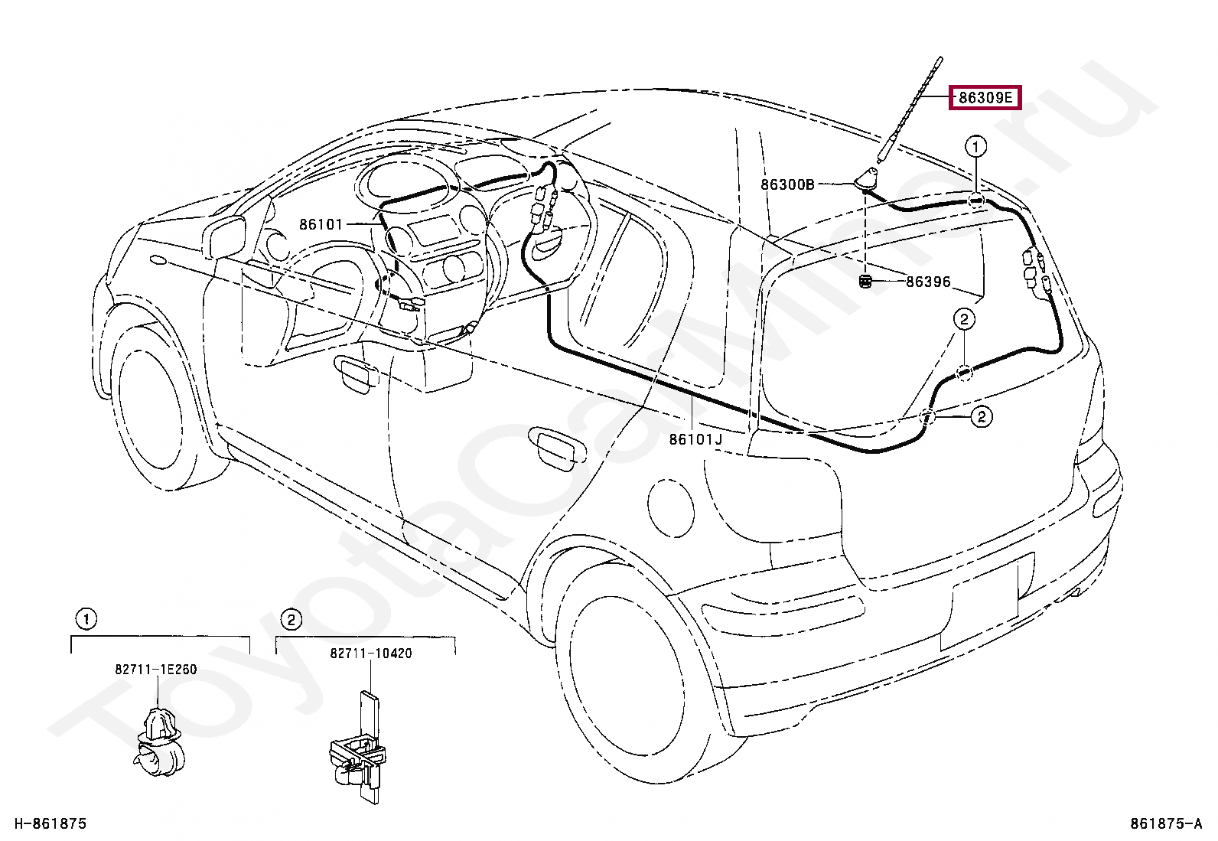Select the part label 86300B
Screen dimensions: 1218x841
tap(787, 184)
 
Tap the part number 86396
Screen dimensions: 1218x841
tap(928, 282)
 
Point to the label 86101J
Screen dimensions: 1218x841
tap(695, 439)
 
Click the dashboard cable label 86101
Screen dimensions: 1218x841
tap(321, 224)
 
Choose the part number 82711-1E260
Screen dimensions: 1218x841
tap(155, 669)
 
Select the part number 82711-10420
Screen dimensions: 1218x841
tap(371, 653)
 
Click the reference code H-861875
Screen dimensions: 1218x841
tap(50, 823)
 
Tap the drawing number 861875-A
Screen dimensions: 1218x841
tap(1166, 823)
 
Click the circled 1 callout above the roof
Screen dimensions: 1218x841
tap(976, 146)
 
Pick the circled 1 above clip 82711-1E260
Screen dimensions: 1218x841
tap(86, 619)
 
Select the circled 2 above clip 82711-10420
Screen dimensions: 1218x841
tap(291, 620)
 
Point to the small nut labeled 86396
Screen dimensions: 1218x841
tap(865, 282)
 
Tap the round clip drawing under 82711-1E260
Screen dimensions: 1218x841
tap(159, 742)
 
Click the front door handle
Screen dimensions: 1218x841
tap(357, 373)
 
